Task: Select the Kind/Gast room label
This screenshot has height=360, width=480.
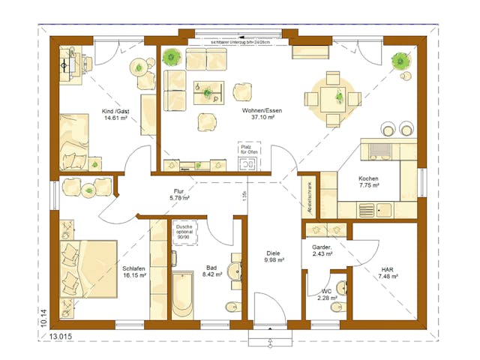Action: coord(115,110)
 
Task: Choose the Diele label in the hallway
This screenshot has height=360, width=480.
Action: coord(273,253)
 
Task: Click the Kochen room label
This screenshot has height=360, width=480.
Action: coord(368,178)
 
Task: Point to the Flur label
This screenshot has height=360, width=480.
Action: coord(178,192)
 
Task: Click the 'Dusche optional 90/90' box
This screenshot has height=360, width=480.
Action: coord(184,232)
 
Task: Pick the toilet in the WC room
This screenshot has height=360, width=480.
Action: coord(341,288)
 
